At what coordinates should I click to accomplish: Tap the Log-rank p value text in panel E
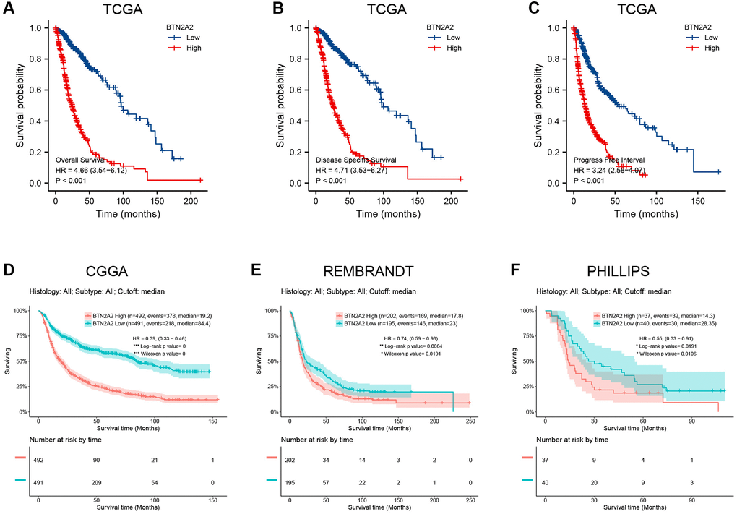(420, 346)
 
